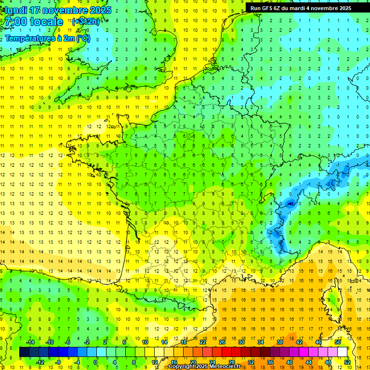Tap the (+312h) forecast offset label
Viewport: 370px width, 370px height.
(86, 21)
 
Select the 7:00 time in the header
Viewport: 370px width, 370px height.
(16, 22)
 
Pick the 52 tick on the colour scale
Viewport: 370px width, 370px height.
(347, 362)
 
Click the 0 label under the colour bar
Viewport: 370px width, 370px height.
(95, 362)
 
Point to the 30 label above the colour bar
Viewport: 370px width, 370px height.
(241, 342)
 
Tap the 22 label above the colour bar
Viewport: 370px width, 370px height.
(203, 342)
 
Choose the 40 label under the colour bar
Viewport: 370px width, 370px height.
(290, 362)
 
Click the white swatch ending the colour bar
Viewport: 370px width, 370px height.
(343, 352)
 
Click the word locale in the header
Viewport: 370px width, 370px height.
(46, 22)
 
